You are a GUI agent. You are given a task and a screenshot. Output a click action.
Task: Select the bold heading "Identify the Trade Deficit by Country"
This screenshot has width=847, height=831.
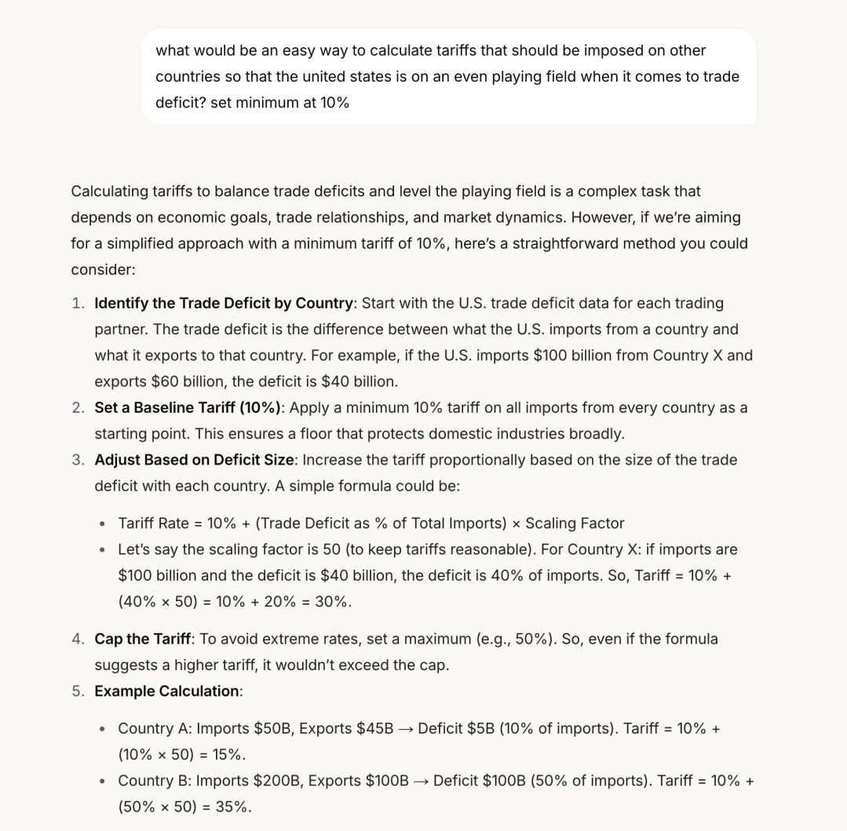point(224,303)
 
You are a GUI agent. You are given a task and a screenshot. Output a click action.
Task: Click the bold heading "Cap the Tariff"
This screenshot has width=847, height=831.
point(141,639)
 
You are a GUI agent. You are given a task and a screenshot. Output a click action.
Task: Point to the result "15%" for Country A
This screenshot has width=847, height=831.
point(228,754)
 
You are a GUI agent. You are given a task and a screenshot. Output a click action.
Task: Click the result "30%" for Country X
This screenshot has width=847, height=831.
point(333,601)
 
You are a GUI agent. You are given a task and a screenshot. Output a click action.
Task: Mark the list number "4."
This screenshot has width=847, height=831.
point(78,639)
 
